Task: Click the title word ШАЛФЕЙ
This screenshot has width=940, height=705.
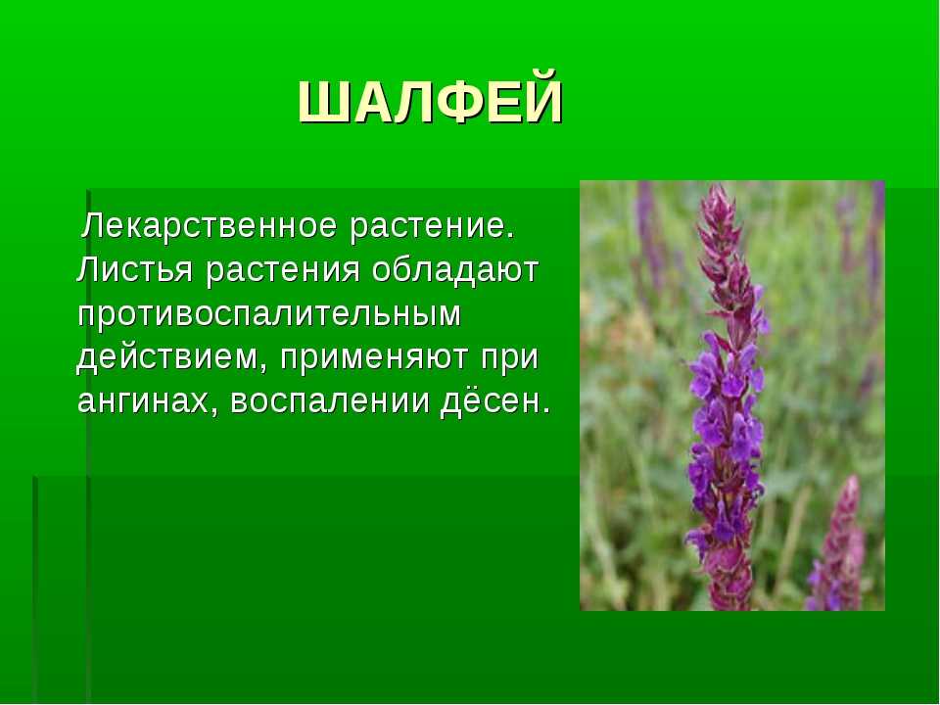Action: [x=431, y=99]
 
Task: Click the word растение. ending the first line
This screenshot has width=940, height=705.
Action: [x=433, y=227]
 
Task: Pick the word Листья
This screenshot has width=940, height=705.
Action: [x=135, y=270]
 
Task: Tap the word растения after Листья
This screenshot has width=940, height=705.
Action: [x=282, y=271]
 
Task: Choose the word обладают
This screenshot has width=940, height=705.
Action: [x=455, y=270]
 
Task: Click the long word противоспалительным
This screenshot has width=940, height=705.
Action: [x=269, y=313]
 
